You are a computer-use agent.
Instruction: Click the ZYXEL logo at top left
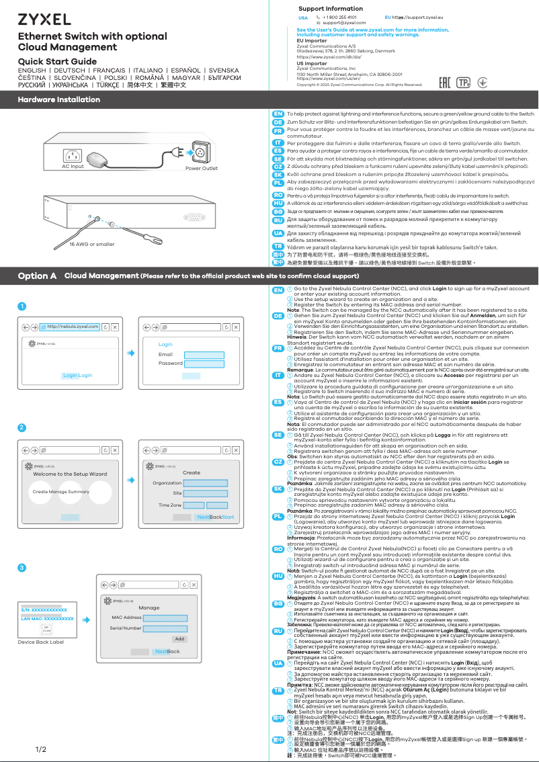pos(44,19)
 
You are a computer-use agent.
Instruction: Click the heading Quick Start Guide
pos(57,62)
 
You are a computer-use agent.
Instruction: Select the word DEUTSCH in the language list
pos(76,71)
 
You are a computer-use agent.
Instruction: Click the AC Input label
pos(73,167)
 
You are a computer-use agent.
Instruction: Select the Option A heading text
pos(37,276)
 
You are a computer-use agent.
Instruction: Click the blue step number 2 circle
pos(22,428)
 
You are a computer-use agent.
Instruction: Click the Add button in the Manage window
pos(179,639)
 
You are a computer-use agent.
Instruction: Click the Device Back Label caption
pos(40,642)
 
